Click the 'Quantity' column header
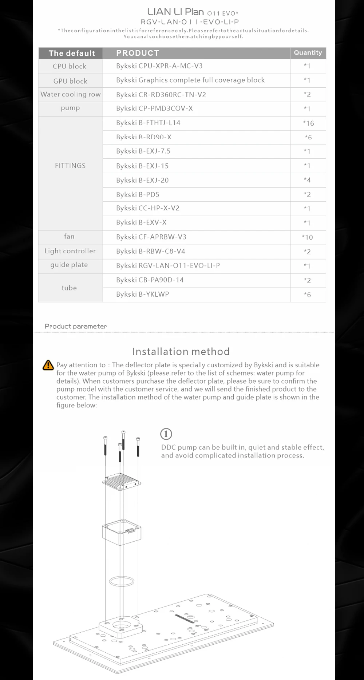(308, 53)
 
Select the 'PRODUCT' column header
(138, 53)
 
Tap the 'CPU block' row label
(70, 66)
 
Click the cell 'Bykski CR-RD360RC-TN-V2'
(161, 95)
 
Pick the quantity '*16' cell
(308, 123)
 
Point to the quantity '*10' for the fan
(307, 237)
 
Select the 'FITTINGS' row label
(70, 166)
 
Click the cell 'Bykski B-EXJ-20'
(142, 180)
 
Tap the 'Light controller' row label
(70, 251)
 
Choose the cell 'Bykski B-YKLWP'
(142, 294)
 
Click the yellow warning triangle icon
(48, 365)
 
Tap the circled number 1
(166, 434)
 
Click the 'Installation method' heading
(181, 352)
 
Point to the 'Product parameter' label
(76, 326)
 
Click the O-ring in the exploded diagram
(122, 581)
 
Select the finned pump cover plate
(122, 481)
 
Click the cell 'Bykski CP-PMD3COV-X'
(154, 109)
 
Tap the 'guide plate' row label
(69, 265)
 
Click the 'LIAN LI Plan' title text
(175, 12)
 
